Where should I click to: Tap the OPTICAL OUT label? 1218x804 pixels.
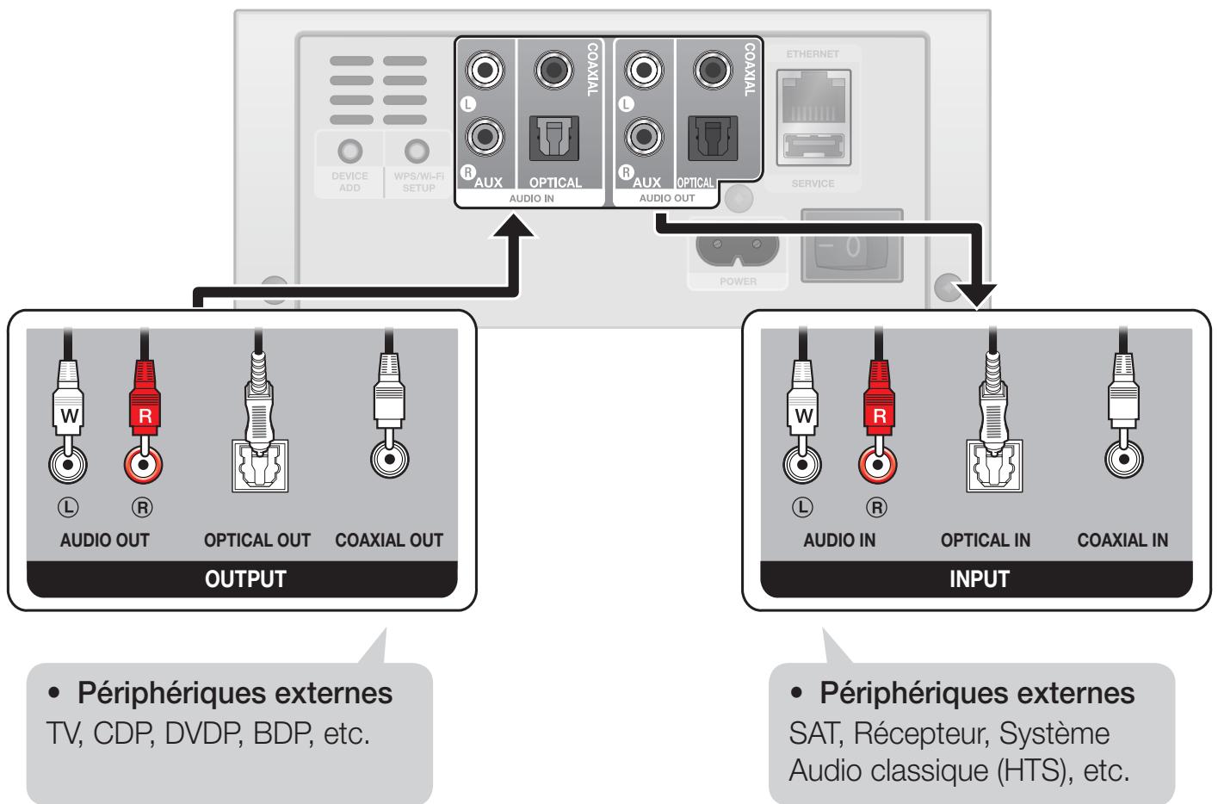(x=257, y=541)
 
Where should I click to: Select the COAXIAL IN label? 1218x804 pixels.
(x=1122, y=541)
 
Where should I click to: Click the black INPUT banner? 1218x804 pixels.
(x=978, y=578)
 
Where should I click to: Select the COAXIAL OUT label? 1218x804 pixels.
(x=388, y=541)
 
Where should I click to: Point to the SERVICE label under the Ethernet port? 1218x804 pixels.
(x=813, y=183)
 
